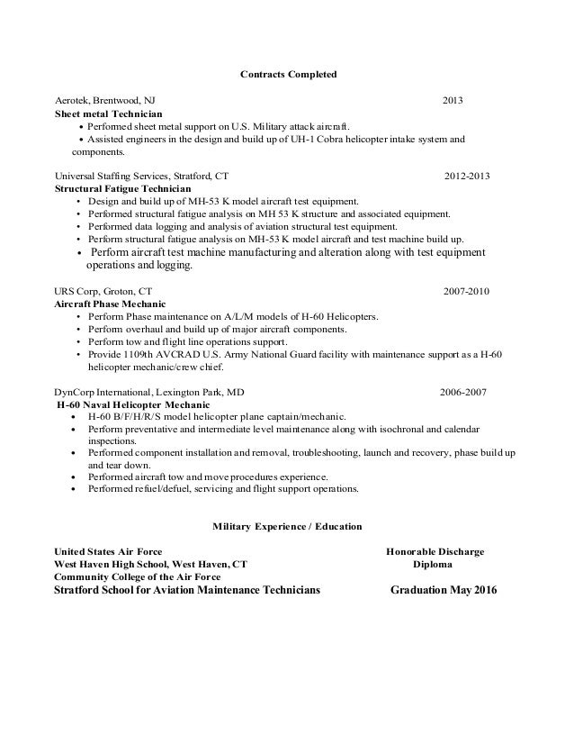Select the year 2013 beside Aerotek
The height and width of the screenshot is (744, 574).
tap(453, 100)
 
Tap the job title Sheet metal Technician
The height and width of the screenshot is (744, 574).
tap(109, 114)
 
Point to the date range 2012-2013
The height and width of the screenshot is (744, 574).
tap(468, 176)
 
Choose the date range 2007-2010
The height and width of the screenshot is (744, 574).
tap(467, 292)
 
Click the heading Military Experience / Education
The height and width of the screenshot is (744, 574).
tap(287, 524)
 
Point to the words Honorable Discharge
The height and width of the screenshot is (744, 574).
tap(435, 551)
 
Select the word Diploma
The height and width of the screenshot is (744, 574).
tap(433, 564)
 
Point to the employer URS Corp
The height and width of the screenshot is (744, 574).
tap(76, 292)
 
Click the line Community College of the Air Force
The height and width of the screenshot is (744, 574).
tap(137, 577)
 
